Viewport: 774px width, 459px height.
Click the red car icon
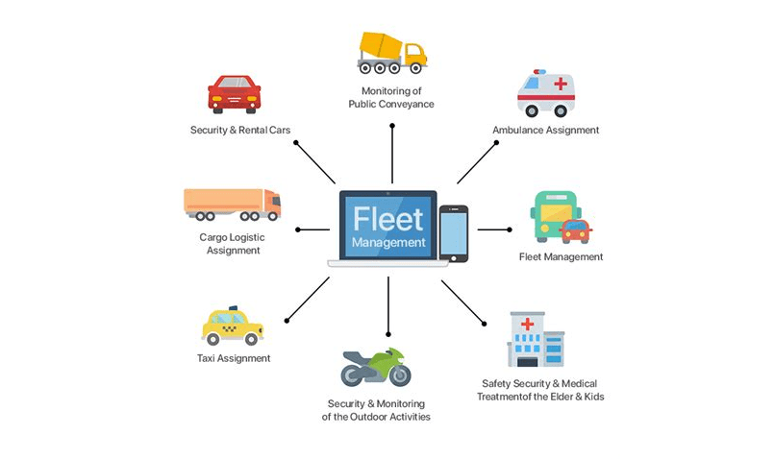(x=234, y=94)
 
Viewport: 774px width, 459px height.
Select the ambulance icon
(x=545, y=92)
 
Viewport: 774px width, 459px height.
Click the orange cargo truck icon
(x=232, y=205)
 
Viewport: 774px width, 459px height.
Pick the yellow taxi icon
(x=232, y=326)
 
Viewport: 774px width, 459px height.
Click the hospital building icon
(x=535, y=338)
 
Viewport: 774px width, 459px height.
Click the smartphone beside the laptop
(x=454, y=232)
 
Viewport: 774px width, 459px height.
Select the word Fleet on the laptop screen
(x=388, y=218)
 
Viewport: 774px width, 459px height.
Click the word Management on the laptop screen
(x=388, y=243)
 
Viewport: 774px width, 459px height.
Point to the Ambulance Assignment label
(x=545, y=130)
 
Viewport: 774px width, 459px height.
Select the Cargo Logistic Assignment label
(x=233, y=244)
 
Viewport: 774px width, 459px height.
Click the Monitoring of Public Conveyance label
(x=390, y=97)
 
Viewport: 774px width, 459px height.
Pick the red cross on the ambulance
(x=560, y=84)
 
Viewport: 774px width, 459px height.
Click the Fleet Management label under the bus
(x=561, y=256)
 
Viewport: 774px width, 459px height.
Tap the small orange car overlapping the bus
(x=575, y=230)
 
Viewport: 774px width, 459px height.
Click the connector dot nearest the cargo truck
(x=299, y=229)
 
